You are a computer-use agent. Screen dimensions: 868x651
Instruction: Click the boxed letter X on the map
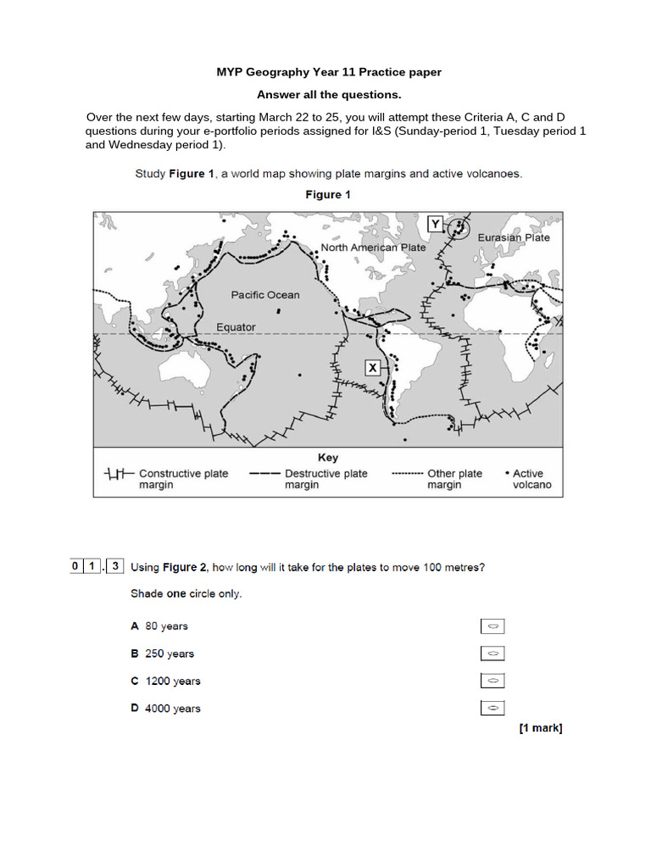(x=372, y=367)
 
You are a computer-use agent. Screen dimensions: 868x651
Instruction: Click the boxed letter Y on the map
(x=435, y=224)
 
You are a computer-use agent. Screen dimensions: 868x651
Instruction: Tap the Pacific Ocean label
(x=265, y=295)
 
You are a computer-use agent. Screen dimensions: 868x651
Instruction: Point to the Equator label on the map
(x=236, y=326)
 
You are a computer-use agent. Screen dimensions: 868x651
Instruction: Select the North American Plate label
(x=373, y=248)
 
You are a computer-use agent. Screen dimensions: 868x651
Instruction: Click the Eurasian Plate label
(x=514, y=237)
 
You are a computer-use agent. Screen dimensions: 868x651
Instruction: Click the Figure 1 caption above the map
(x=328, y=195)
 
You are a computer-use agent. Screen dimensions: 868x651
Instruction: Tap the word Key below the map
(x=328, y=458)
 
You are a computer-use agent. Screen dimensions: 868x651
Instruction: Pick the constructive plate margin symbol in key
(x=118, y=474)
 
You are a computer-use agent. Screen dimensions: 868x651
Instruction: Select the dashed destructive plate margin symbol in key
(x=265, y=474)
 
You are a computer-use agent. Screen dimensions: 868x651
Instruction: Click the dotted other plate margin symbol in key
(x=408, y=474)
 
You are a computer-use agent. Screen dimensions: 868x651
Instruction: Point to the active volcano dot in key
(x=507, y=474)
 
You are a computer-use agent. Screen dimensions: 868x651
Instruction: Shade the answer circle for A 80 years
(x=492, y=626)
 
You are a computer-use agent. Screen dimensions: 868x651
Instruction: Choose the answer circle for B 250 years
(x=492, y=654)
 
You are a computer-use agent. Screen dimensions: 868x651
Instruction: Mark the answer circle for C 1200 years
(x=492, y=681)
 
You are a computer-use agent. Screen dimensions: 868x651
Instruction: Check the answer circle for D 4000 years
(x=492, y=708)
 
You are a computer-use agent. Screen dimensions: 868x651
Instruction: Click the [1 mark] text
(x=541, y=728)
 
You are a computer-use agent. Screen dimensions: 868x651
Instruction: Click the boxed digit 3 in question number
(x=114, y=566)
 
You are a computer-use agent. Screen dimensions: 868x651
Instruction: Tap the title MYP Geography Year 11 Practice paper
(x=329, y=72)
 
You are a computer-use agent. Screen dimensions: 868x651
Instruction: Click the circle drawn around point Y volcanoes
(x=459, y=227)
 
